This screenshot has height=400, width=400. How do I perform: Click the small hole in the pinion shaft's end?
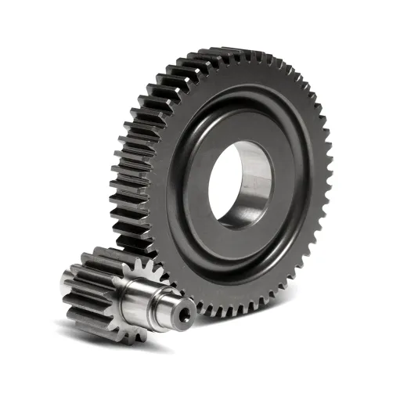point(185,315)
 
